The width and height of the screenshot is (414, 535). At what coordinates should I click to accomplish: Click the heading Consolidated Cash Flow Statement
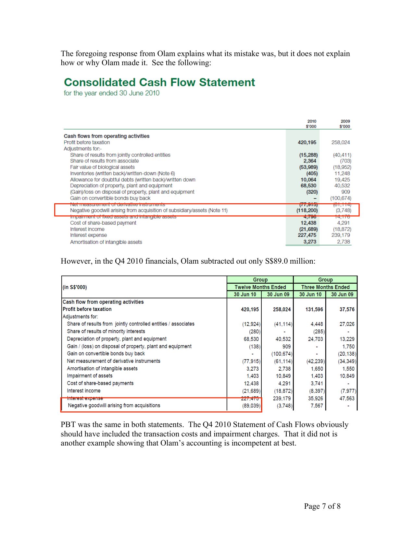[159, 82]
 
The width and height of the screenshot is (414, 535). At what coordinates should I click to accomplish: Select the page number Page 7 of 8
[322, 506]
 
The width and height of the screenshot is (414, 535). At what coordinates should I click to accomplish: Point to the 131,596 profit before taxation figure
[314, 309]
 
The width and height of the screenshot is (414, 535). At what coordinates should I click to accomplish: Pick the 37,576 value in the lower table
[347, 309]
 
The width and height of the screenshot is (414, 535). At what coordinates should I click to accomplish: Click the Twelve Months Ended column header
[260, 287]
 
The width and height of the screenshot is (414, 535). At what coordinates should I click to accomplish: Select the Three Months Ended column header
[325, 287]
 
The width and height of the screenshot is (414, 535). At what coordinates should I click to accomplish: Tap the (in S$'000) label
[75, 287]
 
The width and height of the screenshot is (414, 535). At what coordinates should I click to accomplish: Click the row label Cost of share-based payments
[100, 383]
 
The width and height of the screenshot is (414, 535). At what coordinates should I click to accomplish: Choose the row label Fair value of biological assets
[102, 167]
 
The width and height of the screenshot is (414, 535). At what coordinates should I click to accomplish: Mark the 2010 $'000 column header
[311, 124]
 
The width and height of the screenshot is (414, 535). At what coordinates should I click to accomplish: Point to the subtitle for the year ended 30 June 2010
[111, 93]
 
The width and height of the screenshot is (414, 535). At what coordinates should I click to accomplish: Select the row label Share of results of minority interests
[106, 331]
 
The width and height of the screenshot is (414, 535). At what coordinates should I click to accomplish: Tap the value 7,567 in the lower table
[317, 406]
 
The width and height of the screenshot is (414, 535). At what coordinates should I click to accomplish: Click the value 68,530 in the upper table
[308, 186]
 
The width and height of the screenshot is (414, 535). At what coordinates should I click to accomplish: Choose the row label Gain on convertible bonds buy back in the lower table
[106, 353]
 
